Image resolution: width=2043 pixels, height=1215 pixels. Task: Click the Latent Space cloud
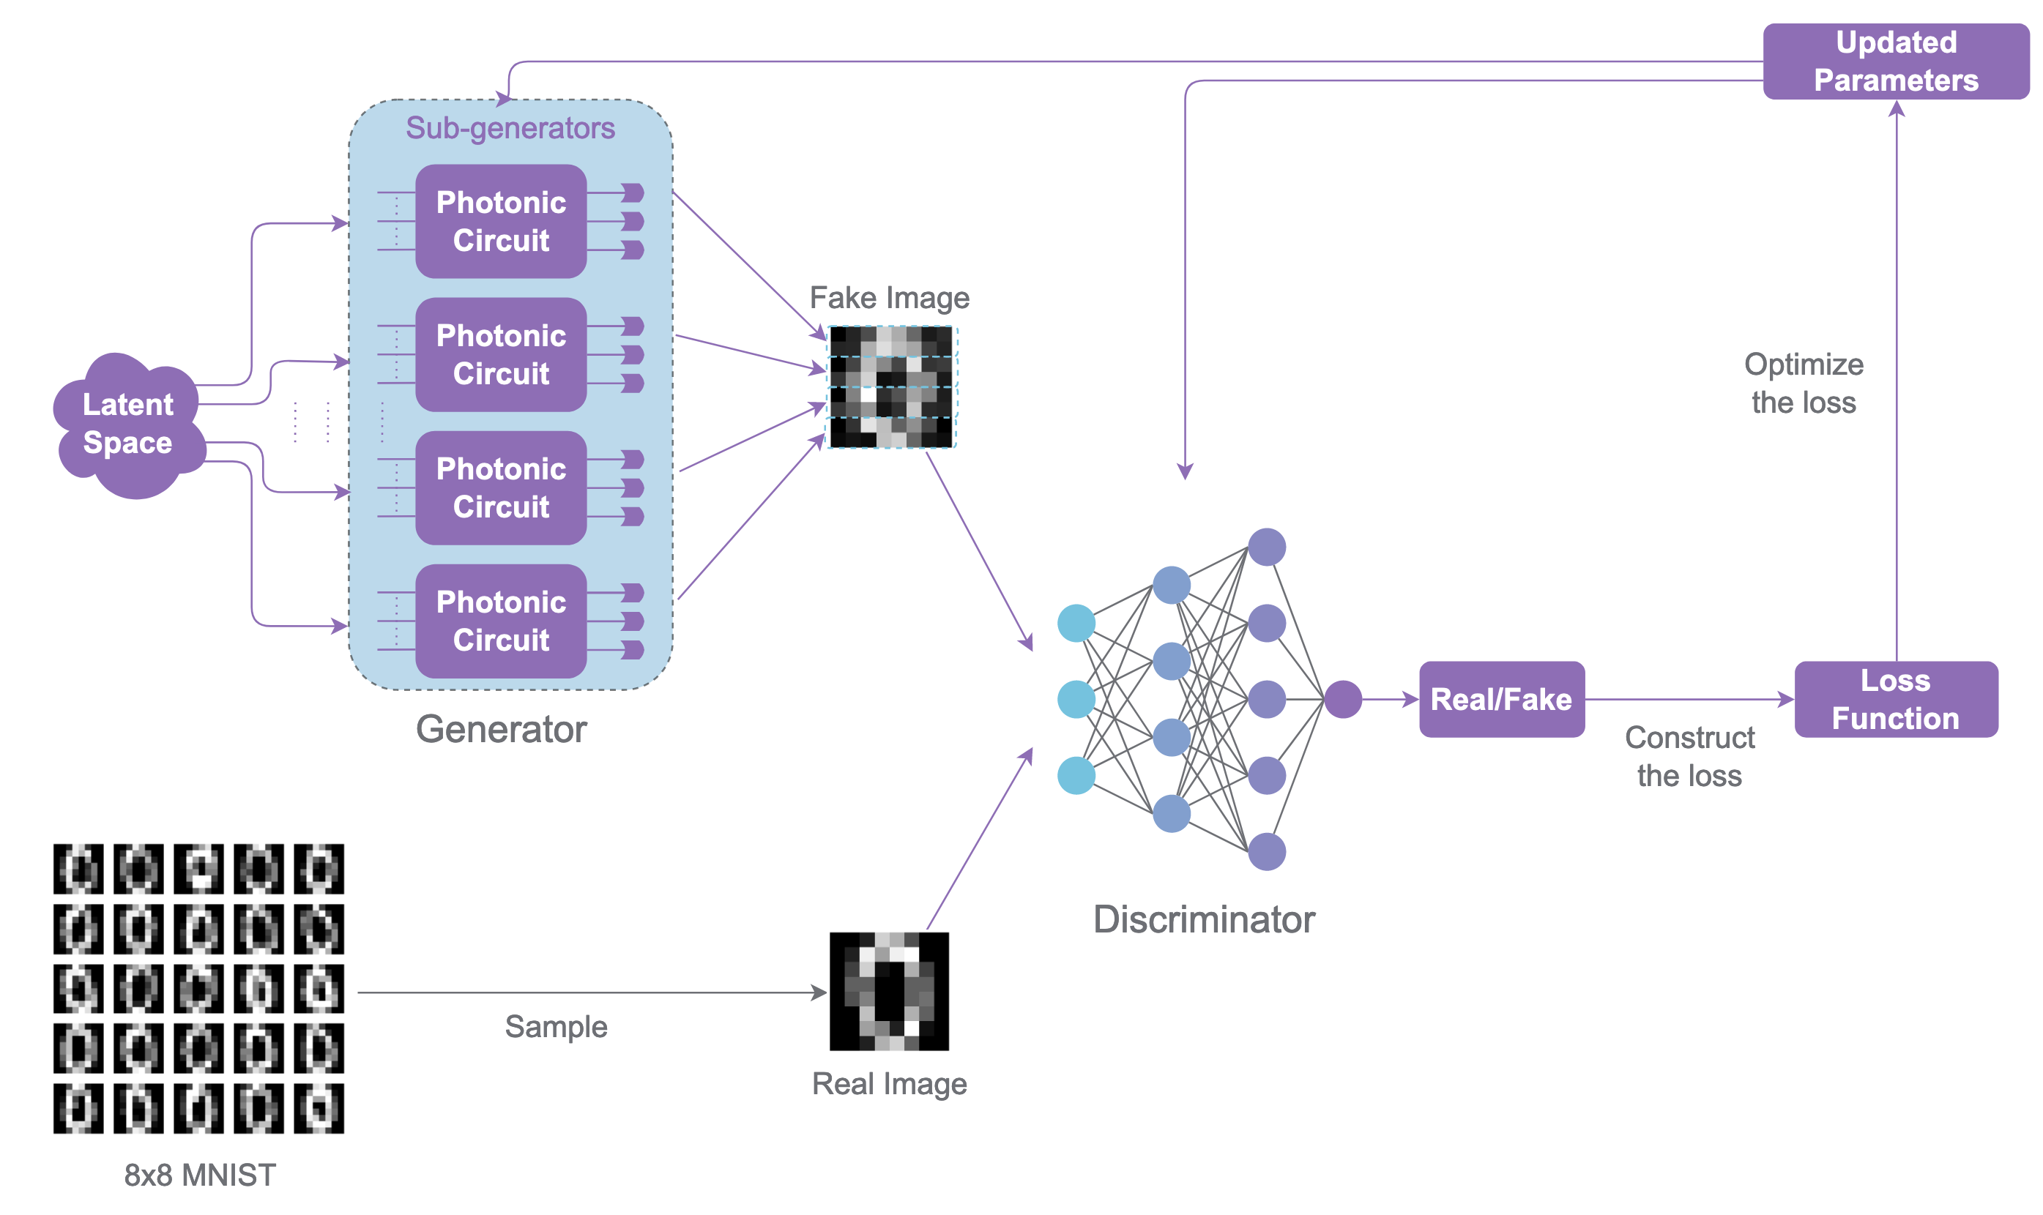(127, 424)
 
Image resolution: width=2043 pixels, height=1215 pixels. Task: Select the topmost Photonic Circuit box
(500, 221)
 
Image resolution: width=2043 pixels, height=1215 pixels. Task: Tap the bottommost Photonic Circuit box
(500, 621)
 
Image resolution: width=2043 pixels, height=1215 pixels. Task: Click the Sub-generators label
(510, 129)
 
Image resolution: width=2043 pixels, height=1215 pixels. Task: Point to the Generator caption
(500, 729)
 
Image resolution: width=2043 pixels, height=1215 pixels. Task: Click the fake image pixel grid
(890, 386)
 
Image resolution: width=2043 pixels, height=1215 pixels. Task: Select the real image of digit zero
(888, 991)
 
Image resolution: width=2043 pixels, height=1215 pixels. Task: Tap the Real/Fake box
(1500, 699)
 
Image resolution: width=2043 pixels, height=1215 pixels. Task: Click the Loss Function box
(1895, 699)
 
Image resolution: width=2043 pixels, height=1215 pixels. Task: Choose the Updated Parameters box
(1895, 61)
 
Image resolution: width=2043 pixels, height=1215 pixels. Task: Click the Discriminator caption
(1204, 919)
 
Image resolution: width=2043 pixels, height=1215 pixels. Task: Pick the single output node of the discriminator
(1342, 699)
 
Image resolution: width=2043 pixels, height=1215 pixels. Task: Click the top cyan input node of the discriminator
(1075, 623)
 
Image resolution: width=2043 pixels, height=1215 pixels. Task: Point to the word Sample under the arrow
(556, 1027)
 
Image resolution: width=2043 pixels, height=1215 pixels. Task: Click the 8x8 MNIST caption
(200, 1175)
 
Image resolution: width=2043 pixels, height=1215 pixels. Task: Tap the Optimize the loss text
(1803, 384)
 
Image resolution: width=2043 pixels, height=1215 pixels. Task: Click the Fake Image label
(888, 298)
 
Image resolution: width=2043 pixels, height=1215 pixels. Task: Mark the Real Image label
(888, 1083)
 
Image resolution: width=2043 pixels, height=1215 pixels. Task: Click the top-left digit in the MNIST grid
(78, 868)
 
